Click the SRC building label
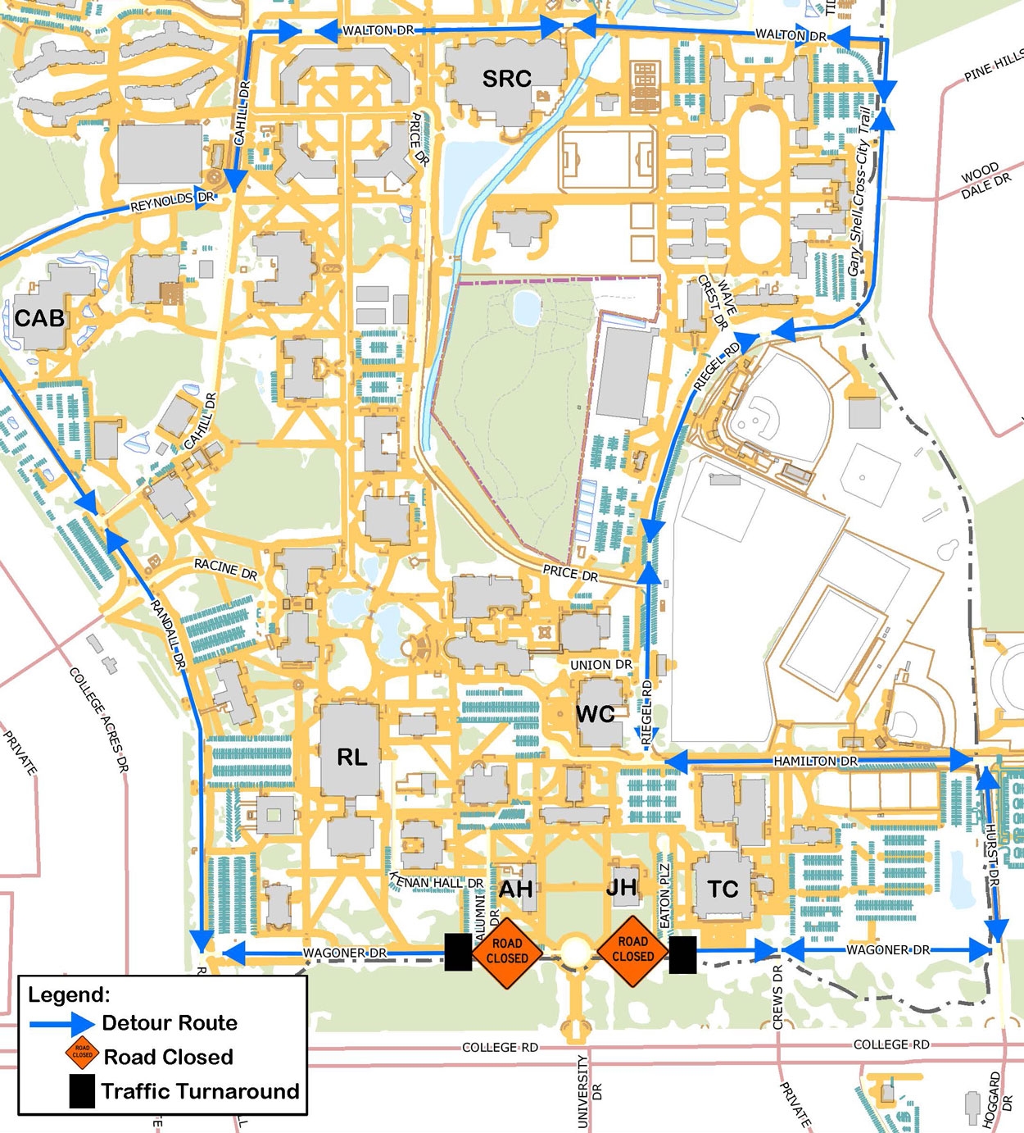[506, 79]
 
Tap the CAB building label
[39, 318]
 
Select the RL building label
[352, 757]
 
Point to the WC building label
[596, 714]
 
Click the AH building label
[516, 889]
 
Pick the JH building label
[622, 887]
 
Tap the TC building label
[723, 889]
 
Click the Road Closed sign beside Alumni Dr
[507, 952]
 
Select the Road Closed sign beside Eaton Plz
[632, 950]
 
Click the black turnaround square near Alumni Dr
[458, 953]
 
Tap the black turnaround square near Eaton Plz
[682, 955]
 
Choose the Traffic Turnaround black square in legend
[82, 1092]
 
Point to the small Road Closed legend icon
[83, 1055]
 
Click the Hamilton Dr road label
[815, 762]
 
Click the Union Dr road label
[600, 665]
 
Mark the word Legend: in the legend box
[69, 994]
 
